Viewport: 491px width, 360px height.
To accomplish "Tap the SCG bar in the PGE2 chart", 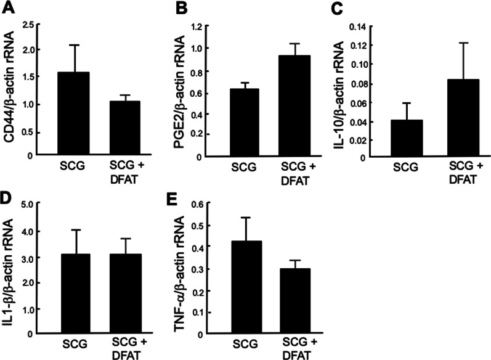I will (245, 123).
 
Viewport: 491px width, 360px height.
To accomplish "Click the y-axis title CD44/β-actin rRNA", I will (10, 91).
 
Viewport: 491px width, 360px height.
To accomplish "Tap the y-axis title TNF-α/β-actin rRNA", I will (181, 270).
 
